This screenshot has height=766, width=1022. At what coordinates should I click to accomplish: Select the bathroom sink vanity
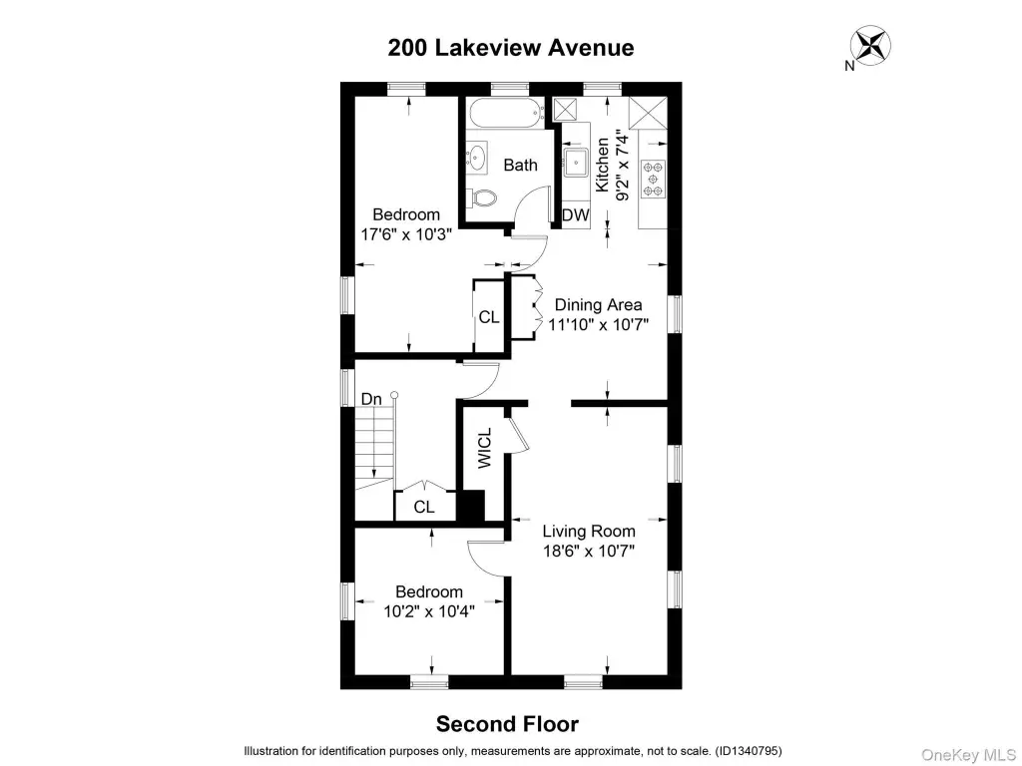[477, 157]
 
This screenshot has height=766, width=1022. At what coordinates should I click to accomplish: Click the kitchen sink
[576, 163]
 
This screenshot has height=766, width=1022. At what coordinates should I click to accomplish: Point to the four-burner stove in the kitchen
[653, 179]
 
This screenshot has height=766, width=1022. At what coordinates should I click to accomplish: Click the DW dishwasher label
[576, 215]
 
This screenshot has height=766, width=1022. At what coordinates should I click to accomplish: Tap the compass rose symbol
[870, 46]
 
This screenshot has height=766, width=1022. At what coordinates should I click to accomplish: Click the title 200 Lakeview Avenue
[511, 48]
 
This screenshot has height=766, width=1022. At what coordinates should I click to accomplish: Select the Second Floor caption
[507, 724]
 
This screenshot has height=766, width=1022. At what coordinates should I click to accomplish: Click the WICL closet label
[485, 448]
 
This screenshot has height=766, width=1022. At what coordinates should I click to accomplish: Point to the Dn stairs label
[371, 399]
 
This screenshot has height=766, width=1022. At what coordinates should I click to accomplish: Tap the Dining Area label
[599, 305]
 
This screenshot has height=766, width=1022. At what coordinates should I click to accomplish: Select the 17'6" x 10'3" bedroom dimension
[406, 234]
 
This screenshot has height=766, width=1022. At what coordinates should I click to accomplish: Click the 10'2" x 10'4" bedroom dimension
[429, 611]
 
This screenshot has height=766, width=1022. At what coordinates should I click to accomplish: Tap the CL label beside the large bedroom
[489, 317]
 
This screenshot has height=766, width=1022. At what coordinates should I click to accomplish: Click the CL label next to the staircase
[424, 507]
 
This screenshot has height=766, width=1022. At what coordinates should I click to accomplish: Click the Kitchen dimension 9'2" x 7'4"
[622, 168]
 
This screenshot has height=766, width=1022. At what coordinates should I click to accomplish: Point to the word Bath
[521, 165]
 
